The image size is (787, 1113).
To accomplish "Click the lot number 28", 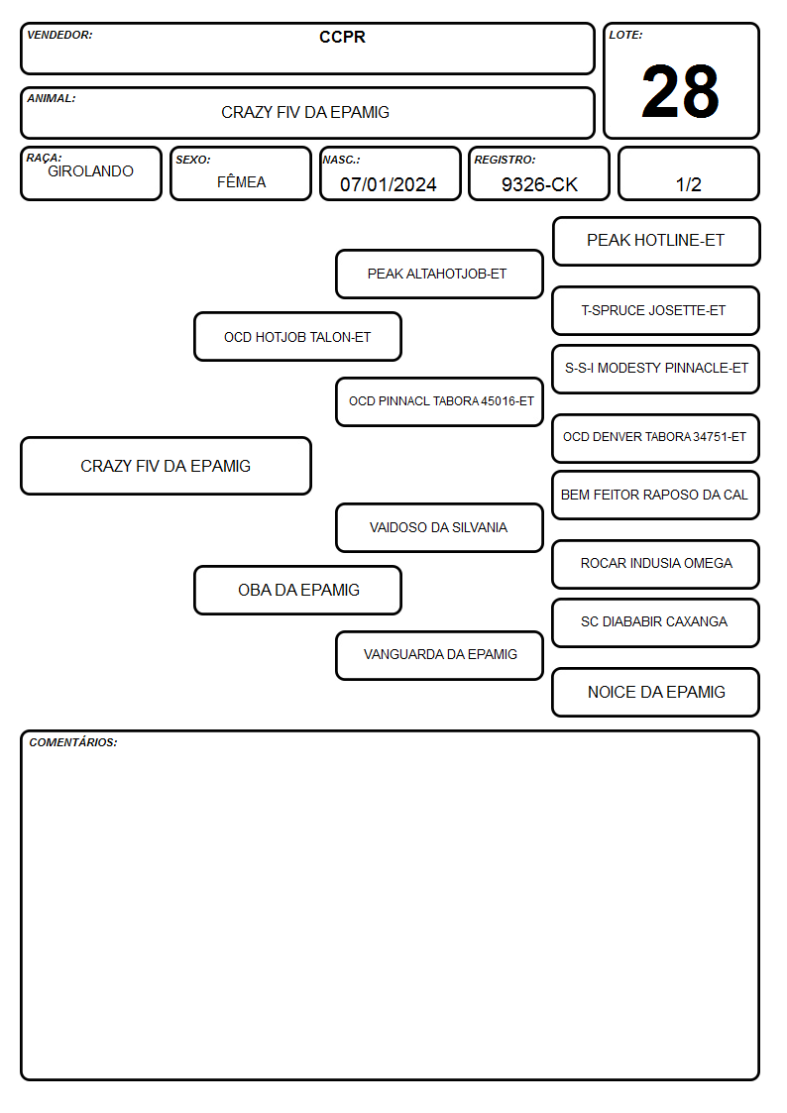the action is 680,91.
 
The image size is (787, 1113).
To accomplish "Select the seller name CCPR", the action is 342,37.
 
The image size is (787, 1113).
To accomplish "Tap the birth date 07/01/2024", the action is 389,184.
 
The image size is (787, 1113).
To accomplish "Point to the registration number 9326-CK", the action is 539,184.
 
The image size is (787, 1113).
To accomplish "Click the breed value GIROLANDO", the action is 90,171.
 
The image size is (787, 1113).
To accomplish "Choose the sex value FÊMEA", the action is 241,181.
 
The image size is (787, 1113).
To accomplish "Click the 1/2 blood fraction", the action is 688,184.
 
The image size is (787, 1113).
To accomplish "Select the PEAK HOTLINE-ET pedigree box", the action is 656,242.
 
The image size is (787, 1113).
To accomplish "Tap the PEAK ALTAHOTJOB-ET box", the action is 439,274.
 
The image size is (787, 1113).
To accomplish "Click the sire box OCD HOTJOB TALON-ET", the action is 297,337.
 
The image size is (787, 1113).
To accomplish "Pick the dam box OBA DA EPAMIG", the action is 297,591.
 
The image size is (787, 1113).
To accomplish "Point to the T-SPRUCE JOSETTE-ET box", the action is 656,311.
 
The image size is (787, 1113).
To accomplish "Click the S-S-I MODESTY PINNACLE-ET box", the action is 656,369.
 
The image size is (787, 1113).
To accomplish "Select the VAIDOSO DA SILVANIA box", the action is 439,528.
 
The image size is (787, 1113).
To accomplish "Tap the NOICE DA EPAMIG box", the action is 656,692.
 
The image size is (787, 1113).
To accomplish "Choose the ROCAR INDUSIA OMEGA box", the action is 656,564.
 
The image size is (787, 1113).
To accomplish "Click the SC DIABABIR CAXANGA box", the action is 656,622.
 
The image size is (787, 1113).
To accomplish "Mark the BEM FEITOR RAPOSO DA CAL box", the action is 656,496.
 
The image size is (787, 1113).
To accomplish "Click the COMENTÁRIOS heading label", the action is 73,742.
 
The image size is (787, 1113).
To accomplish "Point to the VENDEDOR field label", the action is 59,35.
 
